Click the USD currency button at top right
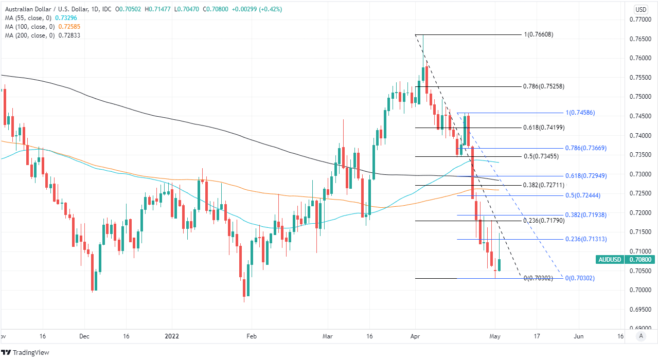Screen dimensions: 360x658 (x=641, y=9)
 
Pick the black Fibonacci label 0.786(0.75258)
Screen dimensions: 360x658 (x=543, y=86)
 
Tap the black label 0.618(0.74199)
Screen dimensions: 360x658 (x=543, y=128)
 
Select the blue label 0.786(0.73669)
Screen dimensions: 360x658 (x=585, y=148)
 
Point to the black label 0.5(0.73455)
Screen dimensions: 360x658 (x=541, y=156)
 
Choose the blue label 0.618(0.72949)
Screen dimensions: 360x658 (x=585, y=176)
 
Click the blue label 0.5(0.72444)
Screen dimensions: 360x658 (x=583, y=195)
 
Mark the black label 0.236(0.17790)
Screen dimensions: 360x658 (x=544, y=221)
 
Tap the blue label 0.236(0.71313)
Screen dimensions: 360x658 (x=585, y=239)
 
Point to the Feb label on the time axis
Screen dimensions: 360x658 (x=251, y=336)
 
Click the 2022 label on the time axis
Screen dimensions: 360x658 (x=172, y=336)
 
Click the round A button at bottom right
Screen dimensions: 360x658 (x=641, y=336)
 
